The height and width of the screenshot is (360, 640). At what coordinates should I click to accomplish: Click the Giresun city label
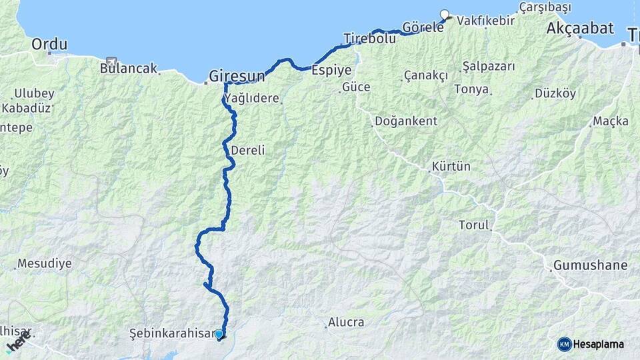[237, 76]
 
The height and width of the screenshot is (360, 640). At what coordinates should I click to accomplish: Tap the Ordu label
[49, 45]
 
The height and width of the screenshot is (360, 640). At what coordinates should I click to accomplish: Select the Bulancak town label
[128, 68]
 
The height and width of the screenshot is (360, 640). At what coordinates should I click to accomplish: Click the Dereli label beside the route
[248, 151]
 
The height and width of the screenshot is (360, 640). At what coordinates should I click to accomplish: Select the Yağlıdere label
[251, 99]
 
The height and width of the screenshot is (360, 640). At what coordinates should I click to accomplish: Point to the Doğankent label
[406, 121]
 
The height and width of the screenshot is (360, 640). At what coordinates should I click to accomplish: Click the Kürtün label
[451, 166]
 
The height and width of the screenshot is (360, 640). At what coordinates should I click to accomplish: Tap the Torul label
[473, 225]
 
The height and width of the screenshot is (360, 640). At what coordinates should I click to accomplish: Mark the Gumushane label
[590, 265]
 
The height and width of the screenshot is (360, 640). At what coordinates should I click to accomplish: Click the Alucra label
[346, 323]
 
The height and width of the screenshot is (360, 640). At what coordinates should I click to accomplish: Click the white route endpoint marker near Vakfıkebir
[445, 15]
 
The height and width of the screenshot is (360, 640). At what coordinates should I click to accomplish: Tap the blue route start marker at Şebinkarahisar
[219, 334]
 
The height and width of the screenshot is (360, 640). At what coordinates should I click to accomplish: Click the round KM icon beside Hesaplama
[565, 344]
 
